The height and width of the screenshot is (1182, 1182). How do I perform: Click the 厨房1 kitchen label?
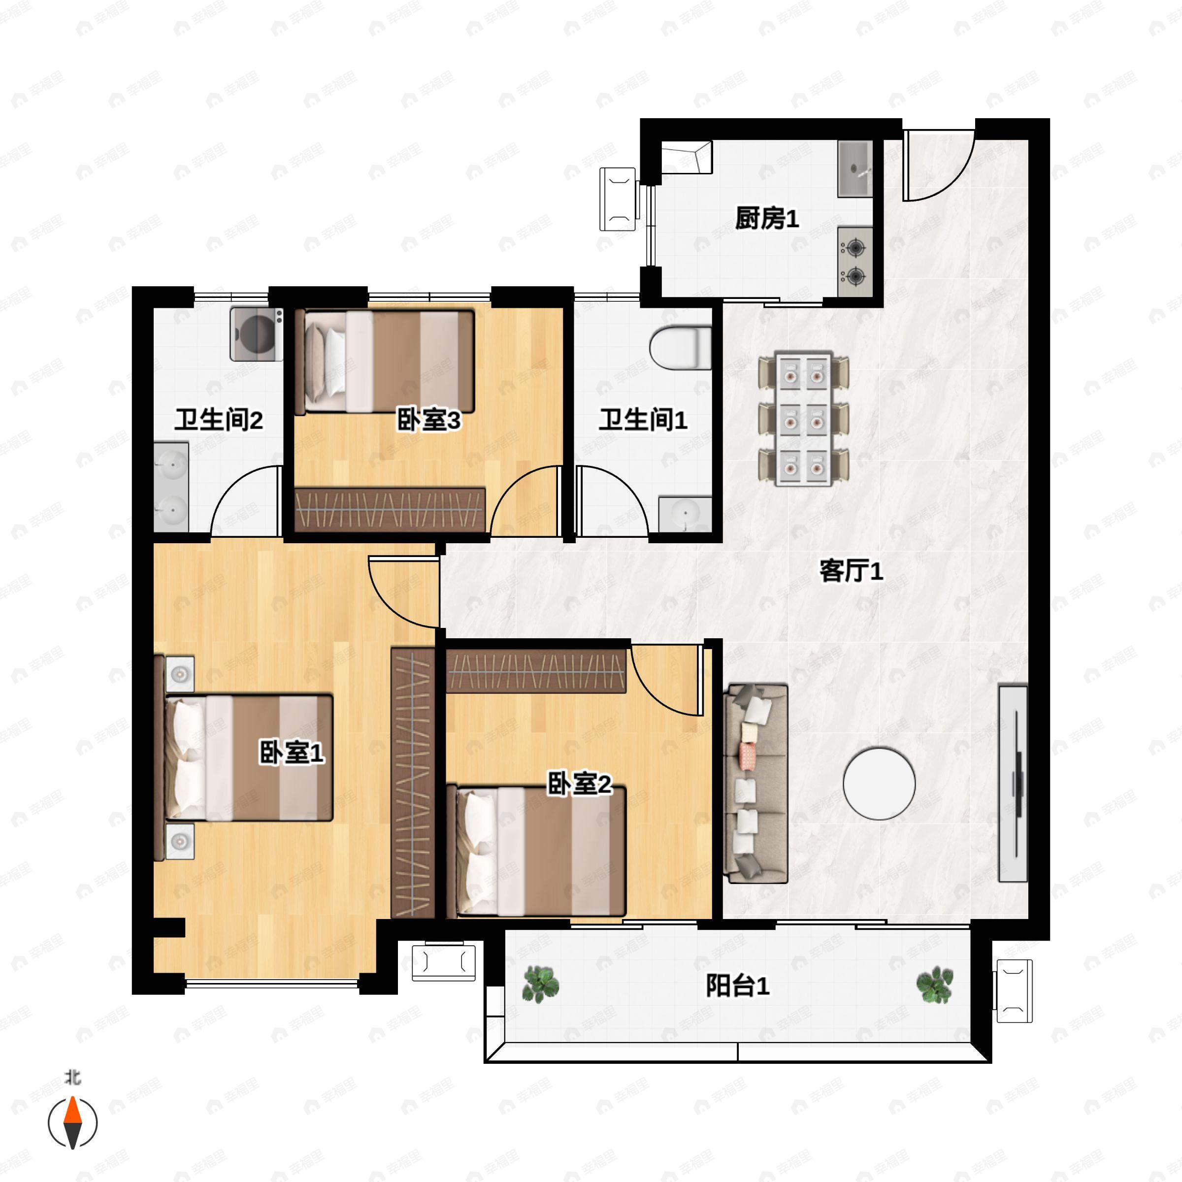coord(767,218)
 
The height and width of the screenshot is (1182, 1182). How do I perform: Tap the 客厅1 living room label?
coord(851,571)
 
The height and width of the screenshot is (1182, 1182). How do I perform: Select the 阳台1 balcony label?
coord(737,986)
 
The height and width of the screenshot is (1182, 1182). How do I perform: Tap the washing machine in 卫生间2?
coord(256,334)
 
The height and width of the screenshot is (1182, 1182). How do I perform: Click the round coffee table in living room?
coord(879,783)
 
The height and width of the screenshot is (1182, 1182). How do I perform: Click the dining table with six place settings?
coord(803,419)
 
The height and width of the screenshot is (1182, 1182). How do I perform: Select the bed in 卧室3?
coord(386,361)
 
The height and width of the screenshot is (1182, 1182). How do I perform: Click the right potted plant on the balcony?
coord(934,984)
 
